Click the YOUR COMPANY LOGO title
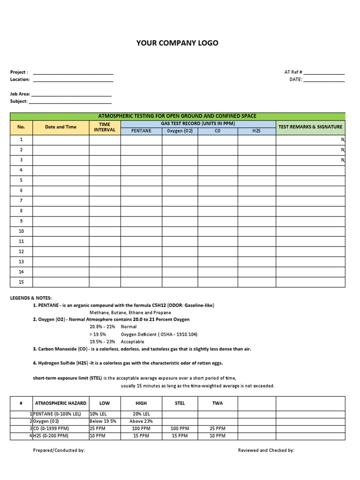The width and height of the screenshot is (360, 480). pyautogui.click(x=177, y=43)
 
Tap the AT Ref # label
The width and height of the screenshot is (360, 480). pyautogui.click(x=293, y=72)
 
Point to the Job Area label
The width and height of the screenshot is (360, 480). pyautogui.click(x=20, y=94)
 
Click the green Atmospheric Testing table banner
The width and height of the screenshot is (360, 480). pyautogui.click(x=177, y=116)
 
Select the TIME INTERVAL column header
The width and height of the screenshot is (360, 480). pyautogui.click(x=105, y=127)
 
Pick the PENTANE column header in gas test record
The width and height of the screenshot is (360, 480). pyautogui.click(x=141, y=131)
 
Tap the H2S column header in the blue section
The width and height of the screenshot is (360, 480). pyautogui.click(x=256, y=131)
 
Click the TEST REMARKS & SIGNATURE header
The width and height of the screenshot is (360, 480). pyautogui.click(x=310, y=127)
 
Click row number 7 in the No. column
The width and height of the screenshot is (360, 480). pyautogui.click(x=21, y=201)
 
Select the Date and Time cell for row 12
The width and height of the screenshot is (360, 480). pyautogui.click(x=61, y=251)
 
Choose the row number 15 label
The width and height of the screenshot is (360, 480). pyautogui.click(x=21, y=282)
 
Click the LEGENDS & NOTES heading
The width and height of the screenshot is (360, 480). pyautogui.click(x=31, y=298)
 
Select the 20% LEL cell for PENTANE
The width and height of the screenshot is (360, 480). pyautogui.click(x=141, y=414)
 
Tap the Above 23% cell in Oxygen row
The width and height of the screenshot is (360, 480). pyautogui.click(x=141, y=421)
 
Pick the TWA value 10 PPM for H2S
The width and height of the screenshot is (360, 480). pyautogui.click(x=218, y=435)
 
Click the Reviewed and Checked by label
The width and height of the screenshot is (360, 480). pyautogui.click(x=266, y=450)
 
